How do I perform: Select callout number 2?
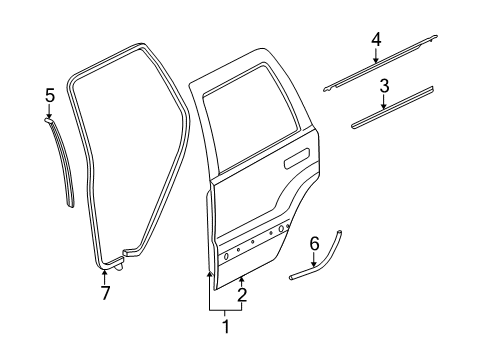(241, 295)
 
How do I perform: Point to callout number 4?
(376, 39)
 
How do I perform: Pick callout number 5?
(49, 95)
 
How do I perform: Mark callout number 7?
(106, 292)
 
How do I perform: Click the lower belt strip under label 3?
(395, 108)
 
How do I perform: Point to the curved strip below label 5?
(63, 160)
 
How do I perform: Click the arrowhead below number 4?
(376, 61)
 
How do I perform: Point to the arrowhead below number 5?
(49, 116)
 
